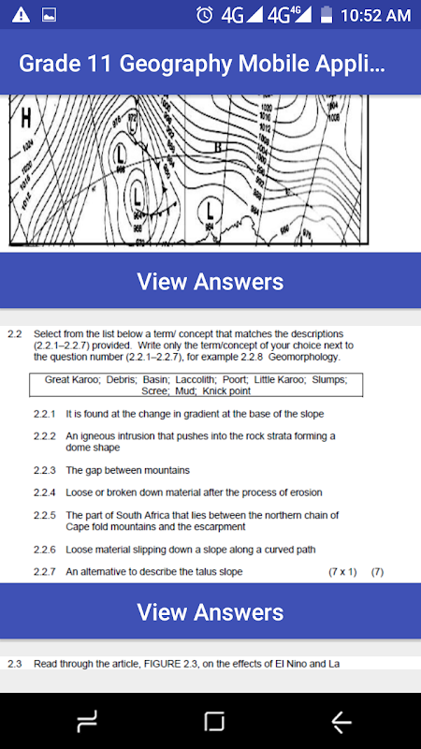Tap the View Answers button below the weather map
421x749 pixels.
tap(210, 281)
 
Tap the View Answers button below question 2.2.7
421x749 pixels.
tap(210, 612)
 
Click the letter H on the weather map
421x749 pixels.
tap(25, 118)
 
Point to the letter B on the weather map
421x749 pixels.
tap(217, 147)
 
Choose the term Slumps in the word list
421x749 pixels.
tap(327, 379)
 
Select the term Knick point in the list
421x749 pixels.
tap(226, 390)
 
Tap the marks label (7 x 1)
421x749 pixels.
tap(342, 571)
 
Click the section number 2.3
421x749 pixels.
tap(15, 664)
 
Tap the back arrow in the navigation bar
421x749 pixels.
tap(341, 721)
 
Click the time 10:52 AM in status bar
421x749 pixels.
tap(375, 16)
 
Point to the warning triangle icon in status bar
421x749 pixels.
tap(22, 15)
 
